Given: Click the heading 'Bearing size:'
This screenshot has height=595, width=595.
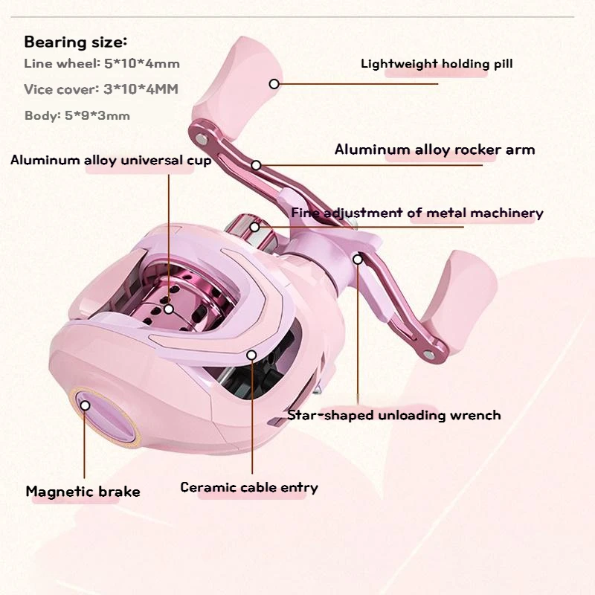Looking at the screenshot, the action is coord(76,42).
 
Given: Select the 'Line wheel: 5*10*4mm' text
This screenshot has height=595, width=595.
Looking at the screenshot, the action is coord(102,65).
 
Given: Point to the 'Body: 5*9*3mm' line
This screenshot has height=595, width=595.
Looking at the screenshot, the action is coord(77,115).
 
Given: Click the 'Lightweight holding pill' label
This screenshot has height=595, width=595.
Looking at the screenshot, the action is coord(437,64).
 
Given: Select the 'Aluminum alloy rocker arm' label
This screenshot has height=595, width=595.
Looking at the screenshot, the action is coord(434,149).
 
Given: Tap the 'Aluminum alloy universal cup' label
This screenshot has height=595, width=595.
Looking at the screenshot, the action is coord(111,160).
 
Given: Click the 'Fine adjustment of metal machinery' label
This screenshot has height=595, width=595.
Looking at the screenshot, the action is coord(417,213).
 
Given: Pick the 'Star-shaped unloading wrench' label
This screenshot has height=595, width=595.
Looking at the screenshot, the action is coord(394,415).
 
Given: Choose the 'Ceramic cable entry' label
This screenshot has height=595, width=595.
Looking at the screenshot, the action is coord(249,488).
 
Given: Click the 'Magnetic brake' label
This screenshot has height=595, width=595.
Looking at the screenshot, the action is coord(83,492).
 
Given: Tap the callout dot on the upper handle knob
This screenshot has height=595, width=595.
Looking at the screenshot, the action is coord(274,83).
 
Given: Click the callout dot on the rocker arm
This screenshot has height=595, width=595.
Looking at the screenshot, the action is coord(257,165).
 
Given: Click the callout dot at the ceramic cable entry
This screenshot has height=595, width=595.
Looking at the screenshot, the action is coord(252,356).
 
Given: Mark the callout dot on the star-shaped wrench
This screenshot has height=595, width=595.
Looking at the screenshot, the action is coord(358,260).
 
